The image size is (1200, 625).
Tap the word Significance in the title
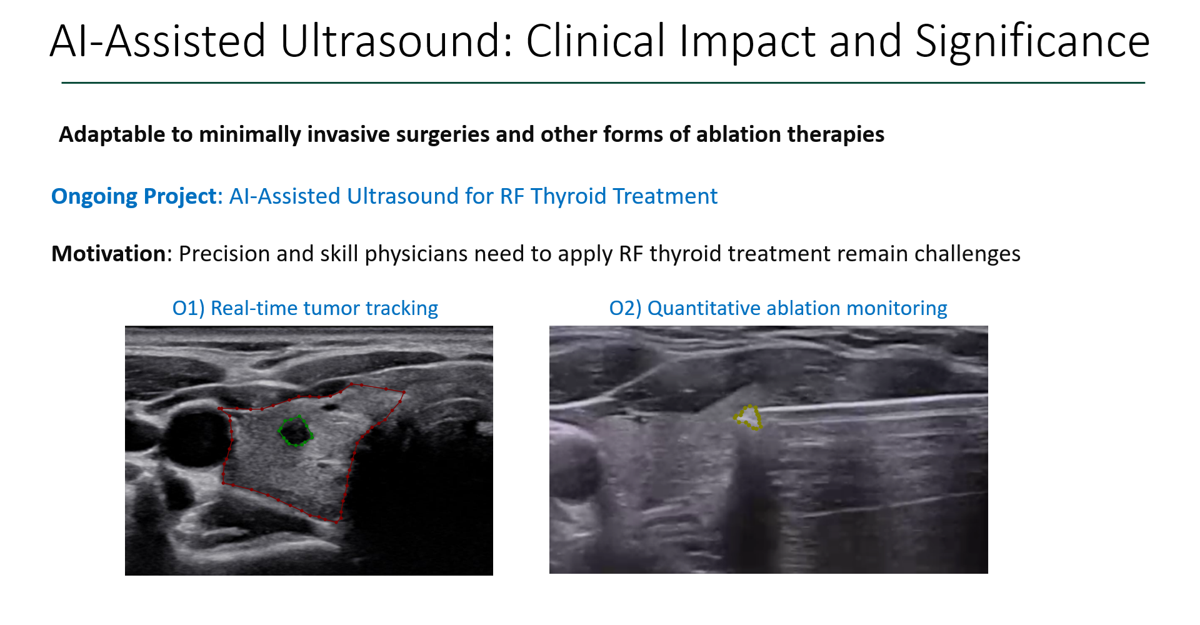click(x=1032, y=42)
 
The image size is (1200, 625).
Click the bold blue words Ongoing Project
click(x=134, y=196)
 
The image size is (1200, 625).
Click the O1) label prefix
click(x=188, y=308)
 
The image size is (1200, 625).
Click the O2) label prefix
click(x=625, y=308)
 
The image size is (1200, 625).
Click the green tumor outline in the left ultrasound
click(x=280, y=431)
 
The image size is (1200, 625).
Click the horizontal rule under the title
click(x=603, y=82)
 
